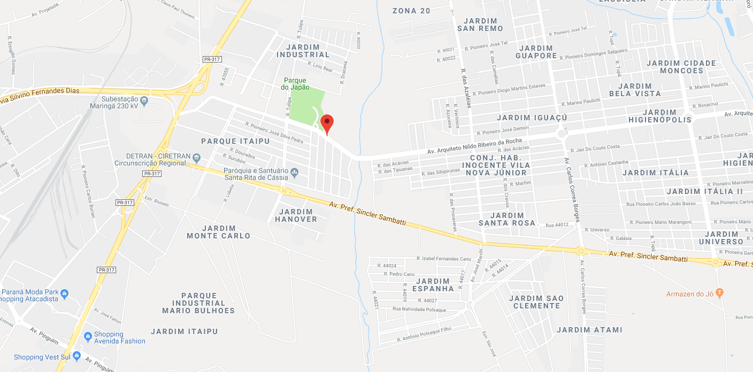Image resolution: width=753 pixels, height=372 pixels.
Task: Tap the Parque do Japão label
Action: [295, 84]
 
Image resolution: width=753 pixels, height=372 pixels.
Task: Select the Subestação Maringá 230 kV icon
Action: [144, 100]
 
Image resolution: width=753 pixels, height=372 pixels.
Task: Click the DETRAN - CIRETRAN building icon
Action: [196, 157]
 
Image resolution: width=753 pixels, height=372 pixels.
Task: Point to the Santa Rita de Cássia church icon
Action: [294, 172]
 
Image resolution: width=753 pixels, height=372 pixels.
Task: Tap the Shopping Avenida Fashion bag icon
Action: [88, 336]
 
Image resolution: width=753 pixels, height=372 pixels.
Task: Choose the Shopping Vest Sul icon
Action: [76, 355]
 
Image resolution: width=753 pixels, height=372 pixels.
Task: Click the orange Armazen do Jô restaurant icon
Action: [719, 292]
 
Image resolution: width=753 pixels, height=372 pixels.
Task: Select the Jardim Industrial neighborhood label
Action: [303, 51]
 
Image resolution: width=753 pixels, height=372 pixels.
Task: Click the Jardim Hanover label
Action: [296, 215]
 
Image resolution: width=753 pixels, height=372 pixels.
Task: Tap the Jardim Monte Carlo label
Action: [219, 232]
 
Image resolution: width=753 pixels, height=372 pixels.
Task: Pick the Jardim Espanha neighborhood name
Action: [435, 285]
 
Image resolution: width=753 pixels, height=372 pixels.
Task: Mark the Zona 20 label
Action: [411, 11]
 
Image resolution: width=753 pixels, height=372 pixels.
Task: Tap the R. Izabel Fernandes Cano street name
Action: [443, 259]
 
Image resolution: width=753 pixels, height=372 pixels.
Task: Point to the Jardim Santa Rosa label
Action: [507, 219]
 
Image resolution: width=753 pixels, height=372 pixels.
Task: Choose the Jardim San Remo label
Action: [480, 25]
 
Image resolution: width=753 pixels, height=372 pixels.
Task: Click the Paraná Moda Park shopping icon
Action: [65, 293]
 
